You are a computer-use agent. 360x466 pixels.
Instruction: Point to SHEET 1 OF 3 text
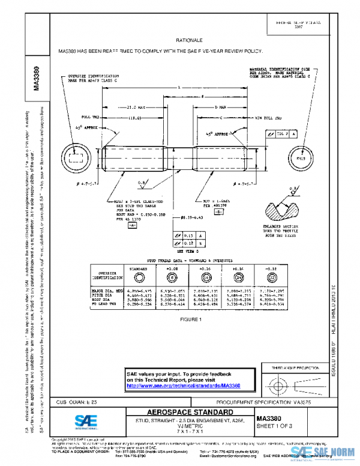pyautogui.click(x=275, y=426)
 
